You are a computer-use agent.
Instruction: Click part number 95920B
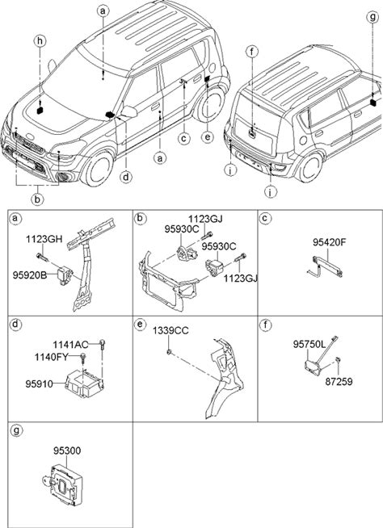tap(30, 275)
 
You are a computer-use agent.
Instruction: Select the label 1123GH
tap(44, 240)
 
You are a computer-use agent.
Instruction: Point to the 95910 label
tap(39, 383)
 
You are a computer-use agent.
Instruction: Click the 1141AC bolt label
tap(70, 345)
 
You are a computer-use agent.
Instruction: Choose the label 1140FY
tap(51, 357)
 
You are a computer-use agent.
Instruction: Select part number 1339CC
tap(170, 331)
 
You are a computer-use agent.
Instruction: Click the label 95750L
tap(309, 344)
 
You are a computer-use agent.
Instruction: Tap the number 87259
tap(339, 382)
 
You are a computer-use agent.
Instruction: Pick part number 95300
tap(67, 450)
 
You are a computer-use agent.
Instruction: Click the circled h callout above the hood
tap(40, 41)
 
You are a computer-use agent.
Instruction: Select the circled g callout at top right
tap(372, 17)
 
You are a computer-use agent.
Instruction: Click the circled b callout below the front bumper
tap(37, 199)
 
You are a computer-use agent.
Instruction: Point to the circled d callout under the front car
tap(126, 177)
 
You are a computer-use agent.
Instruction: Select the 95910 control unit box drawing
tap(85, 383)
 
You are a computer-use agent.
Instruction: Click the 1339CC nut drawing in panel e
tap(169, 352)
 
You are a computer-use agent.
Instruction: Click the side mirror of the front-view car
tap(130, 111)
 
